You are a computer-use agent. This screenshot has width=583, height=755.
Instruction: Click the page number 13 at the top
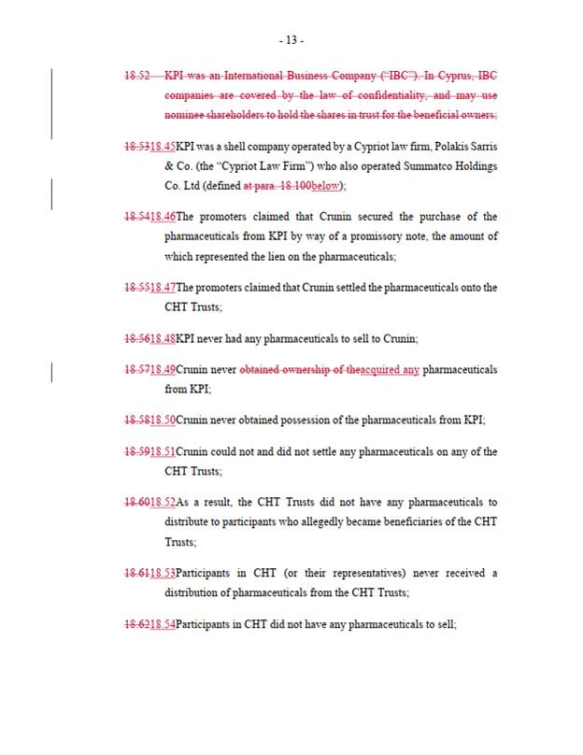[x=291, y=40]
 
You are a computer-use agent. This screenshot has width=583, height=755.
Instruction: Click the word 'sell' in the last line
[x=447, y=623]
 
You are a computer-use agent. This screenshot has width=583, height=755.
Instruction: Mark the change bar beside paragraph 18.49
[x=51, y=371]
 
